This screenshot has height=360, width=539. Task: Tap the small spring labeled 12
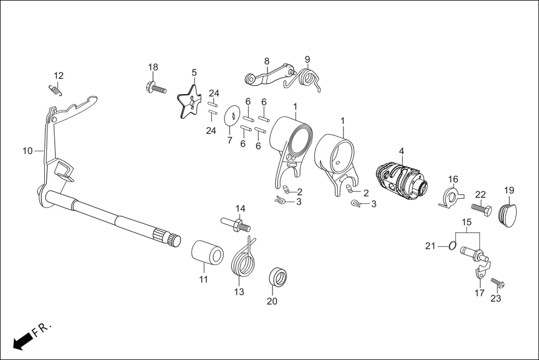pos(55,89)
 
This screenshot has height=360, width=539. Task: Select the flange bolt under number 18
pos(156,87)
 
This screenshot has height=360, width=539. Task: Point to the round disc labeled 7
pos(233,116)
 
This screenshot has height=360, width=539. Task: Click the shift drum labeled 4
pos(401,181)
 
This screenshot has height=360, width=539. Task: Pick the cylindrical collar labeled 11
pos(207,252)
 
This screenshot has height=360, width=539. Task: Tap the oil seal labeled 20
pos(278,276)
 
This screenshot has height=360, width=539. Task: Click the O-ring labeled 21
pos(453,246)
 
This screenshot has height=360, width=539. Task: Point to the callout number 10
pos(27,151)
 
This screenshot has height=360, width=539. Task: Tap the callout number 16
pos(453,179)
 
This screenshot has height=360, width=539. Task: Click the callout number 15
pos(466,222)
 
